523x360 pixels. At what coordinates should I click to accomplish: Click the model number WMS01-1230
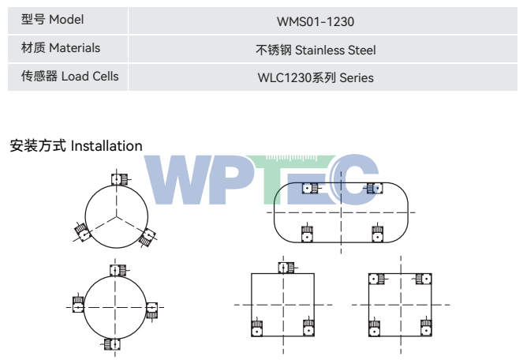coord(316,21)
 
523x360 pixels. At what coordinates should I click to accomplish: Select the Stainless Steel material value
coord(335,50)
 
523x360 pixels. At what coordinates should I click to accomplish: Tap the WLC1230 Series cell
coord(316,78)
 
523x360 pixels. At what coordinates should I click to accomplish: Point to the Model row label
coord(52,20)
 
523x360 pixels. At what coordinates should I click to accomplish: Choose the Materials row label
coord(61,47)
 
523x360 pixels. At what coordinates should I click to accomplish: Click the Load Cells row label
coord(69,76)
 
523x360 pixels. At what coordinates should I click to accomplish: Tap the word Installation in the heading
coord(106,146)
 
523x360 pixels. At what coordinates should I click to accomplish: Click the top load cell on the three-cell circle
coord(119,179)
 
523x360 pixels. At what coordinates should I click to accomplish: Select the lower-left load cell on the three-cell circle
coord(82,232)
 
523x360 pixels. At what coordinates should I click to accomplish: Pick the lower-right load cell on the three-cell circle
coord(148,237)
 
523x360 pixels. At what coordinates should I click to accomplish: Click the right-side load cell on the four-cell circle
coord(151,310)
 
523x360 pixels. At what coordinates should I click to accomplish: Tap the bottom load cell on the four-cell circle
coord(111,344)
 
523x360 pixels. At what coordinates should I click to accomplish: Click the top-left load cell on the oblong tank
coord(311,189)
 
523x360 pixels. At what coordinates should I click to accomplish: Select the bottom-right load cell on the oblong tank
coord(378,233)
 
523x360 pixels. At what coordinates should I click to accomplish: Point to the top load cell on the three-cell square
coord(286,268)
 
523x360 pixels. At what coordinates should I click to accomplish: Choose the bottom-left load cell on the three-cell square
coord(256,327)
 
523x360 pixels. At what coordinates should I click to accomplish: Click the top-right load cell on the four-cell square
coord(423,279)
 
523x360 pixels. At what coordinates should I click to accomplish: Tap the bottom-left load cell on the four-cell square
coord(374,327)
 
